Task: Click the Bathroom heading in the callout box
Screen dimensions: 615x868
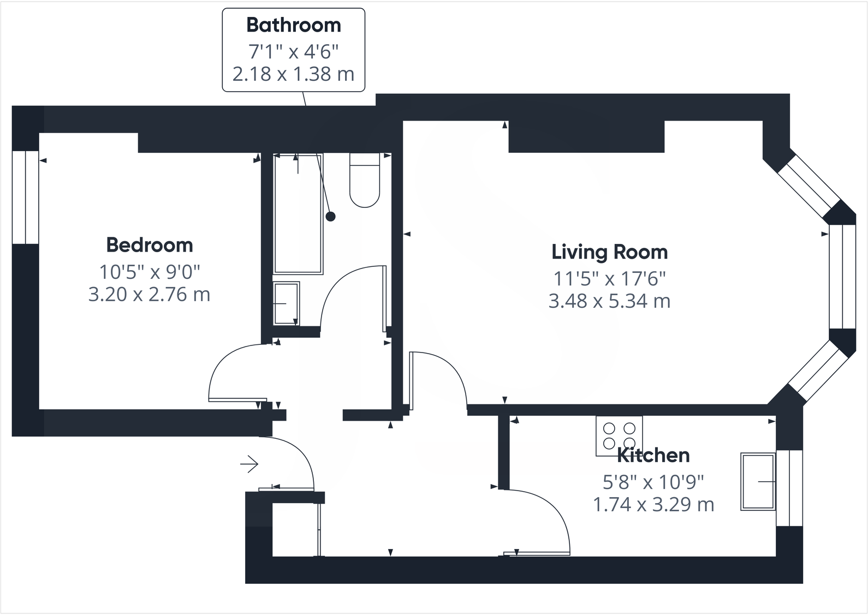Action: [x=294, y=26]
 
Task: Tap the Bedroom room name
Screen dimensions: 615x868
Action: [x=150, y=245]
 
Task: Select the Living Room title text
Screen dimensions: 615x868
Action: [x=609, y=252]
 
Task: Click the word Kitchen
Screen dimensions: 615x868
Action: [x=653, y=455]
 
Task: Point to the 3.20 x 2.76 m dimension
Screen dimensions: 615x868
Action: [x=149, y=294]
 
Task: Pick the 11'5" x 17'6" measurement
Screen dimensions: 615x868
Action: [x=609, y=279]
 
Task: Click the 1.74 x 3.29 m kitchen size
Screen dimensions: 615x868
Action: [x=653, y=504]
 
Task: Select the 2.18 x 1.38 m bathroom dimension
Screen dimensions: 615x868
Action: [x=294, y=74]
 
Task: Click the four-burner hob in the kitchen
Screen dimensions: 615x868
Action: [x=619, y=435]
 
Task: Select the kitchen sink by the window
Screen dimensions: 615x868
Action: [x=758, y=481]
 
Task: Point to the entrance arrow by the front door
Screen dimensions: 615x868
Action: [x=249, y=464]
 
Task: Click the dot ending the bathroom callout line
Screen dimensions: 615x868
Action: [x=330, y=217]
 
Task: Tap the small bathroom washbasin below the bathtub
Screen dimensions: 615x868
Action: [x=286, y=303]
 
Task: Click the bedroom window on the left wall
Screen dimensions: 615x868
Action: [x=26, y=197]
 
